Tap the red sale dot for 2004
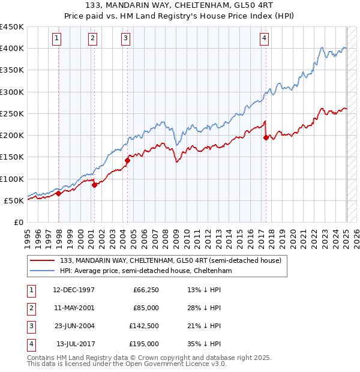pyautogui.click(x=128, y=160)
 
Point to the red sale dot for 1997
pyautogui.click(x=59, y=193)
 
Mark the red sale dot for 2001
pyautogui.click(x=94, y=185)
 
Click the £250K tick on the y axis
pyautogui.click(x=12, y=113)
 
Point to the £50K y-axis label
pyautogui.click(x=14, y=200)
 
